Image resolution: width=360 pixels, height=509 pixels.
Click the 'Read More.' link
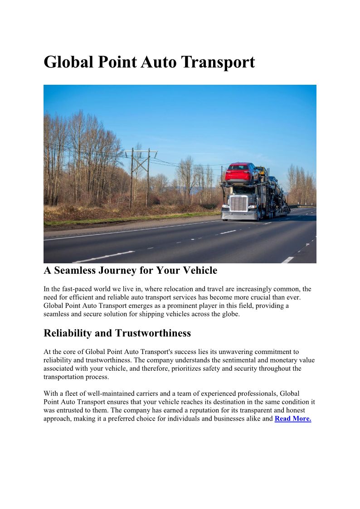pyautogui.click(x=293, y=419)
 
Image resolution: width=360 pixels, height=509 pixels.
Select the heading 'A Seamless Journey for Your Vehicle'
pyautogui.click(x=130, y=271)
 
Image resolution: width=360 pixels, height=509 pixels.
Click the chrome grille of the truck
pyautogui.click(x=238, y=204)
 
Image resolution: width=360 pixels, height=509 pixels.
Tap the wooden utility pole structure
pyautogui.click(x=141, y=175)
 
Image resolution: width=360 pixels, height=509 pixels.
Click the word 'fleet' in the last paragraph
pyautogui.click(x=73, y=393)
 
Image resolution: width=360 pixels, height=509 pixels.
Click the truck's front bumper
pyautogui.click(x=239, y=216)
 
